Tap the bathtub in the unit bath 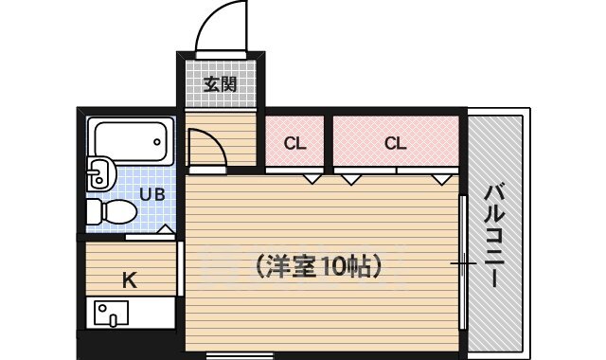point(132,142)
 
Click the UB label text point(151,195)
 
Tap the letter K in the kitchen point(130,279)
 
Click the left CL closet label point(295,144)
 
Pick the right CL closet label point(396,144)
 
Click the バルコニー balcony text point(492,237)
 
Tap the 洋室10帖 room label point(318,266)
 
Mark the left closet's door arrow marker point(310,178)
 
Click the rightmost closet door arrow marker point(439,178)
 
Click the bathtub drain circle point(157,142)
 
